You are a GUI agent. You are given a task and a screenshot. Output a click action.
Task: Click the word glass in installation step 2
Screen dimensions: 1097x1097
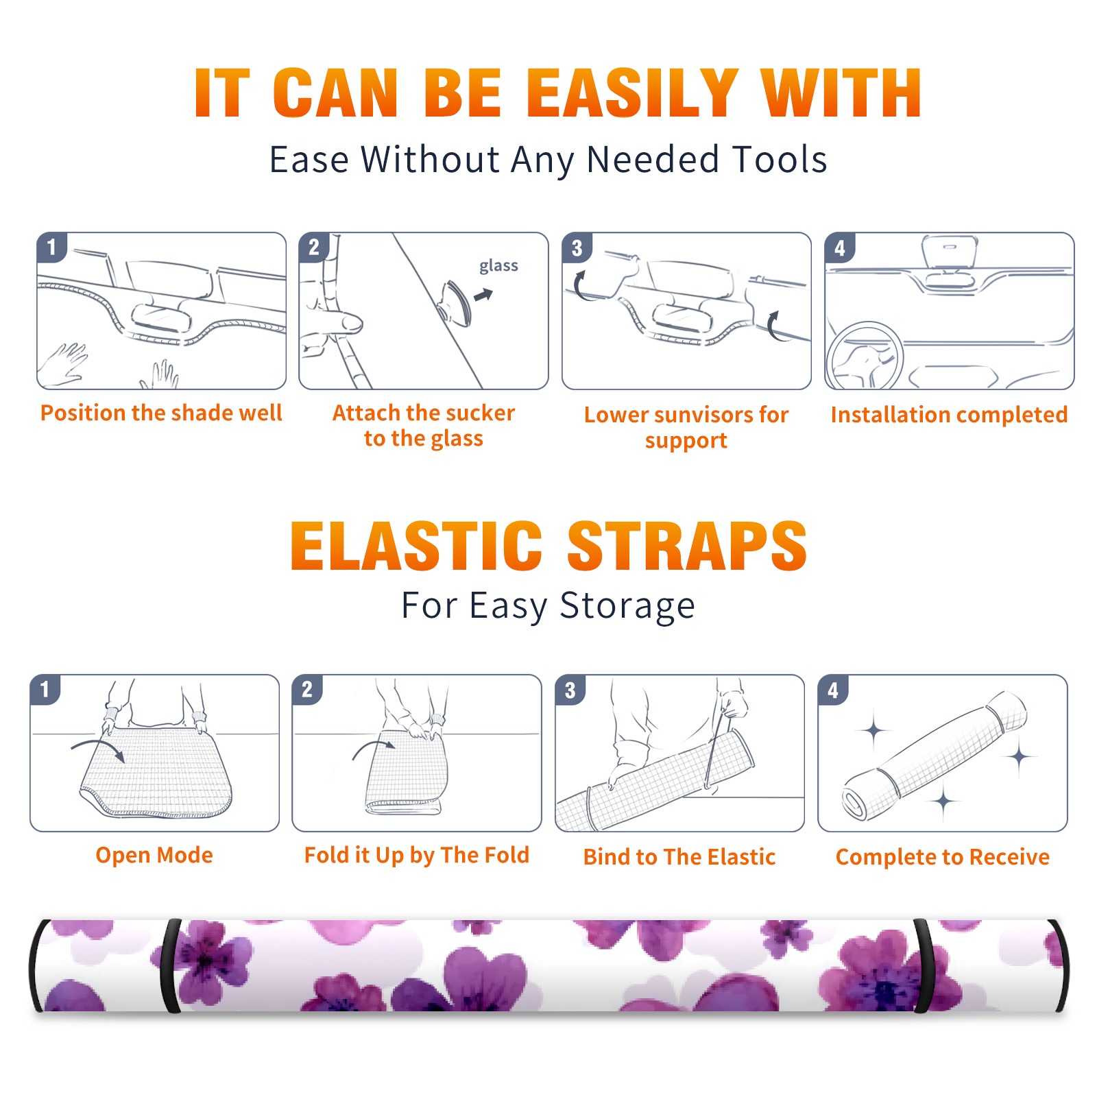click(x=498, y=266)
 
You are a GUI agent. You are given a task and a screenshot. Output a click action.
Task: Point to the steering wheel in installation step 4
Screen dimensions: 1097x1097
click(x=865, y=357)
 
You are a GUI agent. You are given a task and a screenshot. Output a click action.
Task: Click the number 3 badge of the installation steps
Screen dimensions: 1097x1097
click(x=577, y=248)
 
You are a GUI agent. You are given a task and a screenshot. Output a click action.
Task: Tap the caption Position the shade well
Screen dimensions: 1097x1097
click(x=161, y=413)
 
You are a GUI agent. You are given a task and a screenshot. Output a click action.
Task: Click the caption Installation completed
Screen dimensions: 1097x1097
click(x=949, y=414)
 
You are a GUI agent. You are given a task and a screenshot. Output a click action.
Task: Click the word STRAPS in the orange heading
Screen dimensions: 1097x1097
click(x=687, y=546)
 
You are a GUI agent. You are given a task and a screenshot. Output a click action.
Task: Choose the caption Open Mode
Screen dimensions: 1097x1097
click(x=154, y=855)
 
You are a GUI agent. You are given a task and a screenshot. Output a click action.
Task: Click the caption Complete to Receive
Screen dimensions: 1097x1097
click(x=943, y=857)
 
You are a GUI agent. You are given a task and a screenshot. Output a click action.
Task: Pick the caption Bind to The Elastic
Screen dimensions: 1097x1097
click(x=679, y=857)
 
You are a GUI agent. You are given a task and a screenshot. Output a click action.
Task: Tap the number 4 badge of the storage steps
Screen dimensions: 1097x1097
click(x=833, y=690)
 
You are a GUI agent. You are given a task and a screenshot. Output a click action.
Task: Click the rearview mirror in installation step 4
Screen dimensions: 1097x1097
click(x=949, y=254)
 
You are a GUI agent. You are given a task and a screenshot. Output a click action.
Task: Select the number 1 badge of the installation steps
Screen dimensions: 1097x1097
click(x=51, y=247)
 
